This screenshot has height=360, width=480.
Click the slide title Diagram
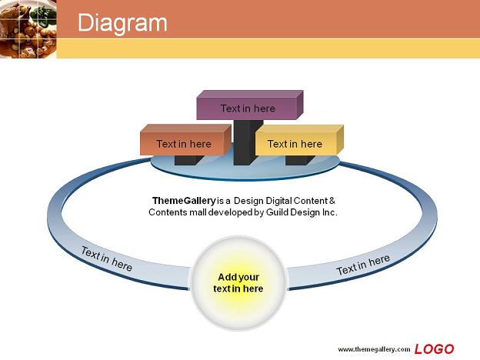tap(122, 23)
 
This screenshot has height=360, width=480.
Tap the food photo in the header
tap(28, 28)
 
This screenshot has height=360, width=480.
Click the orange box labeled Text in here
tap(185, 140)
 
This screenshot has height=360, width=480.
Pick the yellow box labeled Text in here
tap(299, 140)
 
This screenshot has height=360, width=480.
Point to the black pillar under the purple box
tap(248, 142)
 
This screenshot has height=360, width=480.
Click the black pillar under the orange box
tap(188, 160)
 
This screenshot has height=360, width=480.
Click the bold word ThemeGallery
tap(184, 201)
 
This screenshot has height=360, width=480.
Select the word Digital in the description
tap(278, 201)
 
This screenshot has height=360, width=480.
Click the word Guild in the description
tap(278, 212)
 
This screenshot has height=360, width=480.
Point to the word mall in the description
tap(198, 212)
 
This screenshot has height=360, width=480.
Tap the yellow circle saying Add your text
tap(238, 283)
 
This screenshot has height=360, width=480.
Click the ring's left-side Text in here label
tap(106, 259)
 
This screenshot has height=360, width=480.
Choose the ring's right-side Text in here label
tap(363, 265)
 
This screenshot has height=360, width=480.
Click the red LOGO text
tap(434, 349)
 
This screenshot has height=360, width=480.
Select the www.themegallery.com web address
tap(374, 349)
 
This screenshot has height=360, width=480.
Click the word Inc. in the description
tap(329, 212)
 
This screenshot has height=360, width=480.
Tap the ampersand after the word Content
tap(332, 201)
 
